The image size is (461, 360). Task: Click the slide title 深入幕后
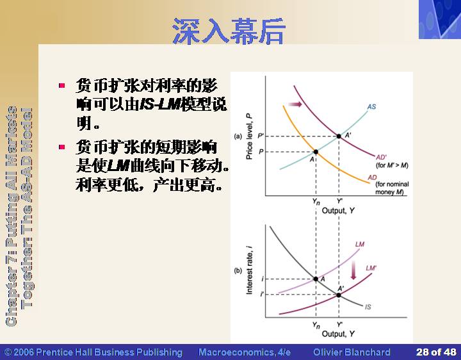[229, 31]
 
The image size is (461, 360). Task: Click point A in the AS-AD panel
[316, 152]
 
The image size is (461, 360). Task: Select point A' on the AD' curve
[339, 136]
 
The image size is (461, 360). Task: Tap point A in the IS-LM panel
[316, 279]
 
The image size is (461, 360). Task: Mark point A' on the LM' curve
[339, 295]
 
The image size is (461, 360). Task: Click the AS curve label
[371, 106]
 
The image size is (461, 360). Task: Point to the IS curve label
[368, 307]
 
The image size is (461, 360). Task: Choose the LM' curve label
[371, 268]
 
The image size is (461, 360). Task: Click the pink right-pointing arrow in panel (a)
[295, 104]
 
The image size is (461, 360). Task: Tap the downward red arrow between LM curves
[353, 270]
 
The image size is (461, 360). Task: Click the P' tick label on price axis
[261, 136]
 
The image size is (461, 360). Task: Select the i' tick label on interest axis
[262, 294]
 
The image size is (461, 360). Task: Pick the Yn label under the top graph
[316, 202]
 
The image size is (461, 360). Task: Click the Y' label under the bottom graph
[339, 324]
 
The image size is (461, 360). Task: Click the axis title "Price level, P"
[249, 136]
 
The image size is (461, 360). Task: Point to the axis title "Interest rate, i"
[249, 270]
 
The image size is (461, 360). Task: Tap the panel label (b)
[238, 270]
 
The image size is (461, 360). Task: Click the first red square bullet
[61, 86]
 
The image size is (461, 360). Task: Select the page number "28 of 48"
[436, 352]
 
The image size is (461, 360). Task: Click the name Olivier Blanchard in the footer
[352, 352]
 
